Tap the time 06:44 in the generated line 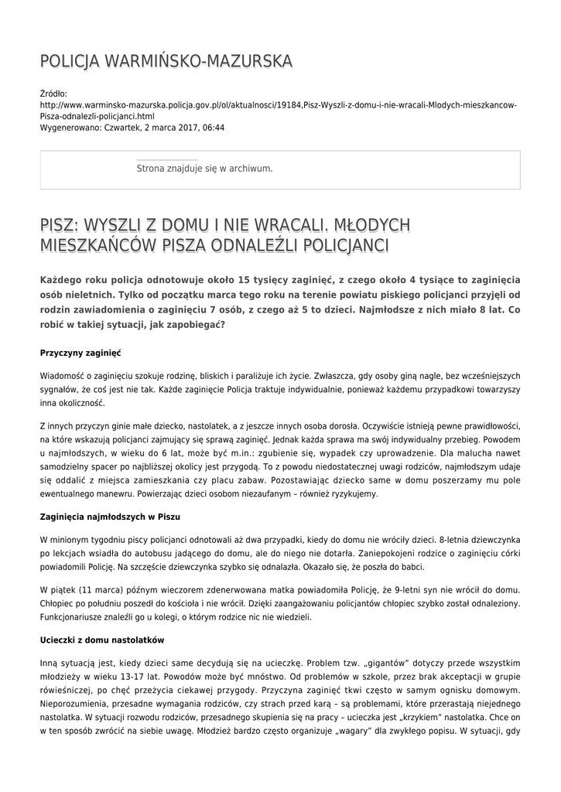(x=213, y=128)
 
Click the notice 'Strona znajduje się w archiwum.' (x=204, y=168)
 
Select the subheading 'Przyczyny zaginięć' (x=80, y=353)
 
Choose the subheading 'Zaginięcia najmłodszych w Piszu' (x=110, y=516)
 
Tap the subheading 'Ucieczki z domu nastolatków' (x=101, y=640)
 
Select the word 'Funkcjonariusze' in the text (x=77, y=617)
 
